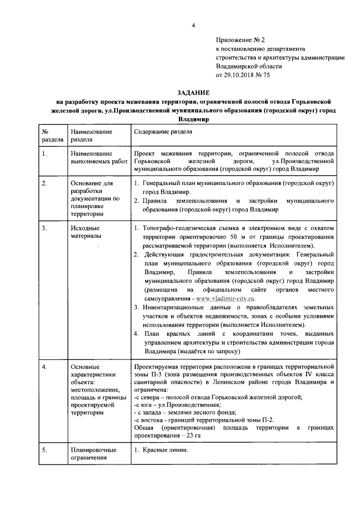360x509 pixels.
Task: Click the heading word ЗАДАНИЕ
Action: (x=193, y=92)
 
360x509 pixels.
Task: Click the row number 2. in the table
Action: (x=44, y=184)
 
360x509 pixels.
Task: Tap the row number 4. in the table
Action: (x=44, y=367)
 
